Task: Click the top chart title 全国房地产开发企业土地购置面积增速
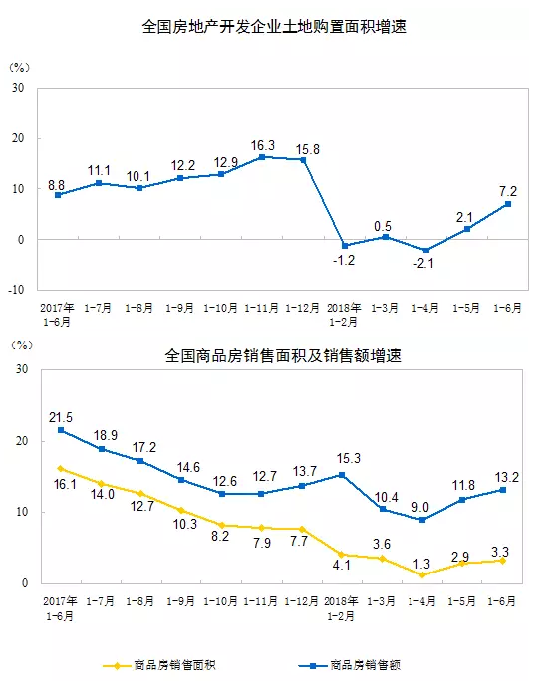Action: point(274,27)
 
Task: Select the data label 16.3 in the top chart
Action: point(262,143)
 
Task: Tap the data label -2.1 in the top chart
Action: point(425,265)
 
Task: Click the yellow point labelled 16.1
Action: point(59,468)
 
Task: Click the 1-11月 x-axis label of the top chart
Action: point(261,308)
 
